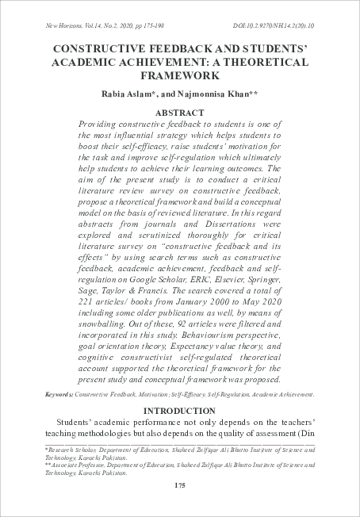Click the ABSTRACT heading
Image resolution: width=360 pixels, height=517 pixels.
pyautogui.click(x=181, y=114)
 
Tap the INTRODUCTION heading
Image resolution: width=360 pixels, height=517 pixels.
pyautogui.click(x=181, y=411)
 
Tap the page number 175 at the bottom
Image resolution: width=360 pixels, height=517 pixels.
pyautogui.click(x=180, y=485)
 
